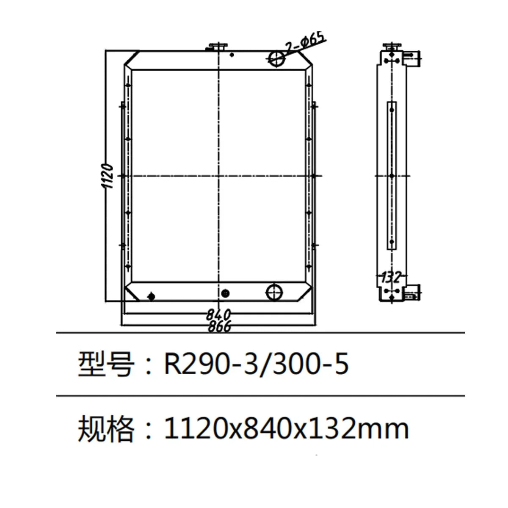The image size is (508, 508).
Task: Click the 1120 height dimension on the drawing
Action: pos(108,176)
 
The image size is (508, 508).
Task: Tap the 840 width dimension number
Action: pos(218,315)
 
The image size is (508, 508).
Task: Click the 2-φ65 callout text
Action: pos(305,44)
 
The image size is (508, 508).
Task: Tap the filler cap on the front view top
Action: pos(218,47)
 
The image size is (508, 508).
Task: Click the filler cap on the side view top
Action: pos(393,47)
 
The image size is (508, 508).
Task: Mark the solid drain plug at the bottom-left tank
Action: pos(151,296)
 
